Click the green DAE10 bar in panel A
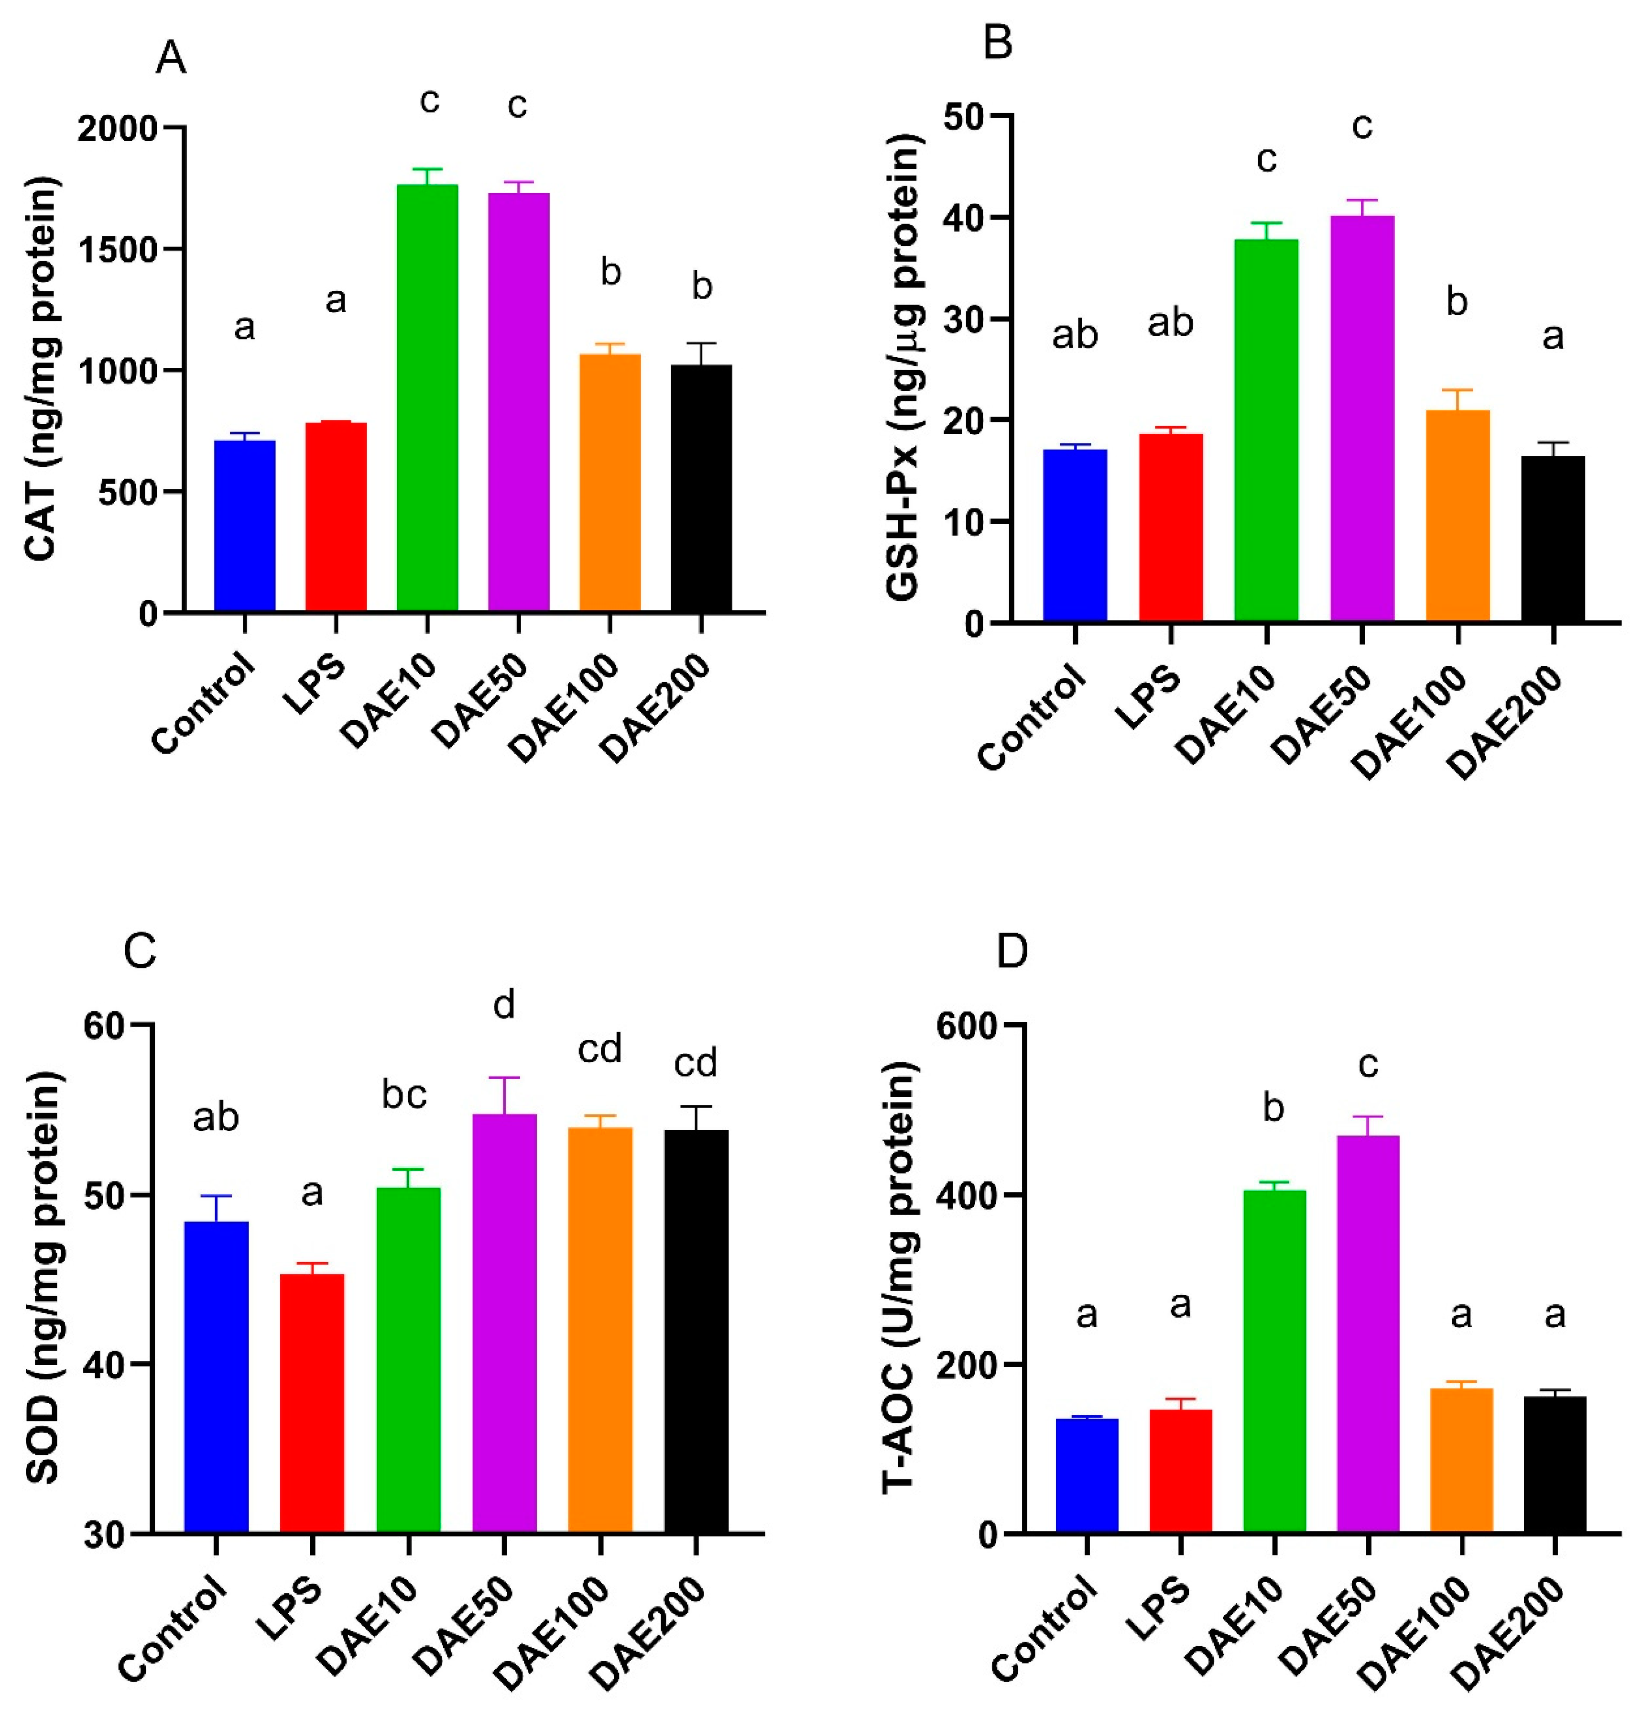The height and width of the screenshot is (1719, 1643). [427, 398]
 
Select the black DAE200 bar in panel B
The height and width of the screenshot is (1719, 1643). [1553, 539]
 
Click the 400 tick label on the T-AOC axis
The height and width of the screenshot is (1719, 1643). [967, 1195]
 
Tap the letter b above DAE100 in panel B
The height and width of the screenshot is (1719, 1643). [1457, 302]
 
